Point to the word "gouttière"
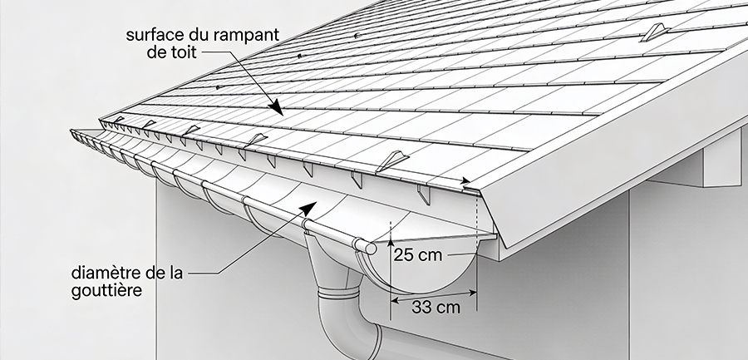[x=107, y=290]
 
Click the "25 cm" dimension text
[x=418, y=255]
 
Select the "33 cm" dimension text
[x=436, y=307]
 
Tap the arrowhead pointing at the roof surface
[x=276, y=107]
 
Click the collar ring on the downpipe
[x=338, y=292]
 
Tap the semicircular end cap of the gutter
[x=420, y=268]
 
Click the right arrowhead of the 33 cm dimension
[x=472, y=293]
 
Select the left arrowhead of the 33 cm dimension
[x=395, y=300]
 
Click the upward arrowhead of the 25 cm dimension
[x=391, y=242]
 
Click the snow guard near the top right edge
[x=655, y=32]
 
